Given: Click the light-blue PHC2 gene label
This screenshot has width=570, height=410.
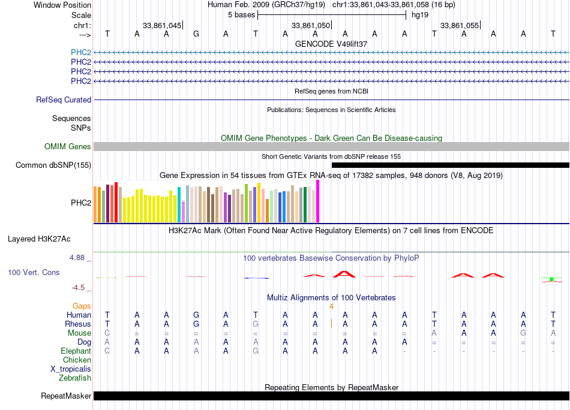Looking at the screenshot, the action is (81, 52).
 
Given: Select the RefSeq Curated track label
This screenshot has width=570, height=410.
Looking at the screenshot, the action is (64, 100).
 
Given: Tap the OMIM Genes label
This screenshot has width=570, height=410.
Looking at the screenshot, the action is (68, 146).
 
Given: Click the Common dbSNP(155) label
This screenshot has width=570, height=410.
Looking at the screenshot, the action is (53, 165).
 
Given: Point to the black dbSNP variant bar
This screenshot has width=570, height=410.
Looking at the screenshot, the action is (451, 165).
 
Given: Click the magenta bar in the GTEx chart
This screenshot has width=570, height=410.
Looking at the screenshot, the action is (318, 201).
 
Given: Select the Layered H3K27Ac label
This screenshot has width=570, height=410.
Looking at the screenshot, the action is (39, 239).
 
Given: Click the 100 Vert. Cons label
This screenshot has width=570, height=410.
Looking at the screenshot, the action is (34, 272).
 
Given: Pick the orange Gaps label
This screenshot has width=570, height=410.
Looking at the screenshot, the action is (82, 306).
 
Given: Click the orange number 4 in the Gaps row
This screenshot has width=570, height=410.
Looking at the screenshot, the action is (331, 306).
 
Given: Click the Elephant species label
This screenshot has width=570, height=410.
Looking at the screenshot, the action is (76, 351).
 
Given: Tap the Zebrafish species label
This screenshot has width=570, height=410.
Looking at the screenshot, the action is (75, 378).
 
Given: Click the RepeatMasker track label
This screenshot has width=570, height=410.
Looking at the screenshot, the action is (66, 396).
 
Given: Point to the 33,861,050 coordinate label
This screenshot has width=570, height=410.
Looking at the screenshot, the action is (310, 25).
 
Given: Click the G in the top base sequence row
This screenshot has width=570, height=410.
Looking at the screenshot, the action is (196, 34).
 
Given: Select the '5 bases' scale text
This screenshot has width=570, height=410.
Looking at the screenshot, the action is (241, 15).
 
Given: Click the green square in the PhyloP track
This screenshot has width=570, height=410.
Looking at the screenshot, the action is (551, 279).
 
